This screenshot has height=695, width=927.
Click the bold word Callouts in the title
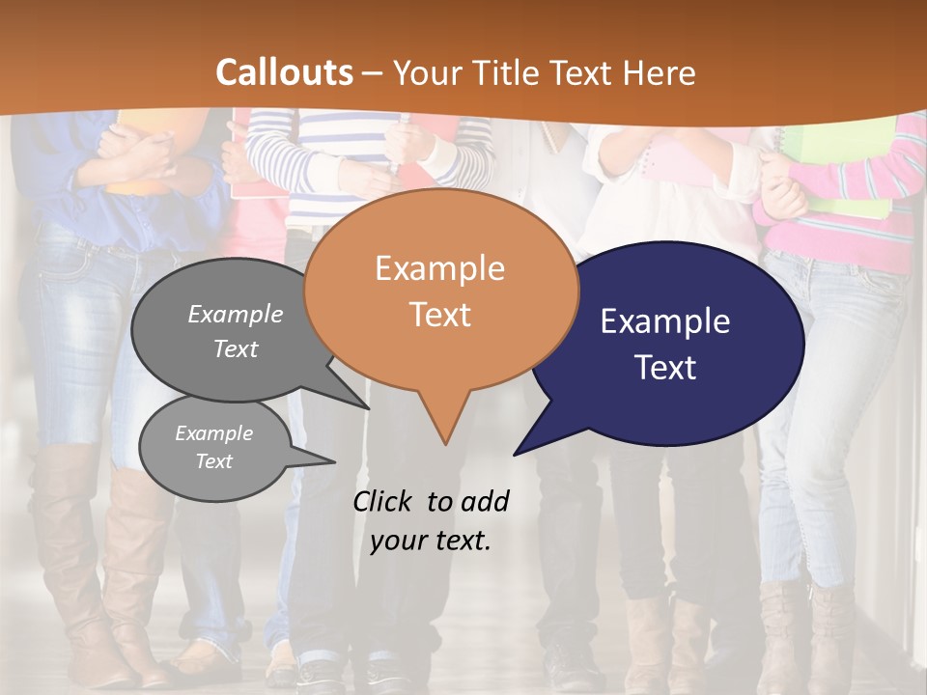284,72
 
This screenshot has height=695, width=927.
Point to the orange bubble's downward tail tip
445,444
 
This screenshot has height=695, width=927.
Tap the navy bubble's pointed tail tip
516,454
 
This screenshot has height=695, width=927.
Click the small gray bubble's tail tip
334,460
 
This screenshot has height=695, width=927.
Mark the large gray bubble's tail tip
368,407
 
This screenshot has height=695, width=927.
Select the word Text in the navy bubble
666,368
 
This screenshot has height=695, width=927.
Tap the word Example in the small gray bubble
213,433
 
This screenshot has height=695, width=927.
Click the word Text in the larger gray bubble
236,348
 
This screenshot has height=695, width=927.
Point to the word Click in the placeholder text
384,501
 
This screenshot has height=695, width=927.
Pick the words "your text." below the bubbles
431,541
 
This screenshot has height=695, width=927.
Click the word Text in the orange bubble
440,315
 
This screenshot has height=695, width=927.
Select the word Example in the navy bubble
665,321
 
